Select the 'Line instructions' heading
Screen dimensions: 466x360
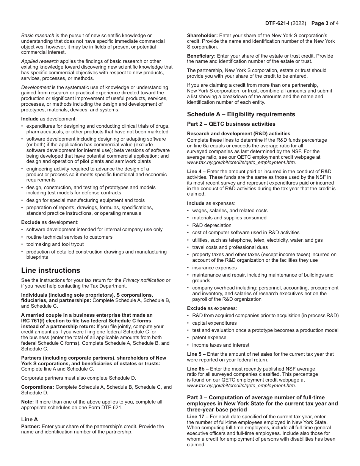pyautogui.click(x=50, y=270)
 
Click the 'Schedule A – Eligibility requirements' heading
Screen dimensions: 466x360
pyautogui.click(x=241, y=114)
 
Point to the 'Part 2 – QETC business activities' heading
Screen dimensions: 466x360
pyautogui.click(x=231, y=124)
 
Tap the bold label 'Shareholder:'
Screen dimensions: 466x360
pyautogui.click(x=202, y=36)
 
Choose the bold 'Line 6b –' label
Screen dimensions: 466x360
pyautogui.click(x=198, y=369)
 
